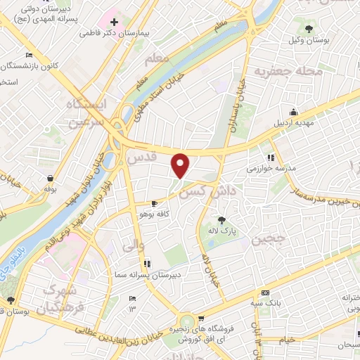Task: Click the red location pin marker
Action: click(181, 165)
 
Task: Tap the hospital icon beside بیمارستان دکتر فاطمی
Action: click(114, 22)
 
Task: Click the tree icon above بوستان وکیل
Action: click(309, 29)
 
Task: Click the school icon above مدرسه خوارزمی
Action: click(271, 157)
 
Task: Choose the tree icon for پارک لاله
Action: click(221, 219)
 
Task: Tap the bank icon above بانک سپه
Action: click(264, 292)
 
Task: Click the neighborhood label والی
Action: click(131, 246)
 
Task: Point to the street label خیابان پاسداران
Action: click(236, 105)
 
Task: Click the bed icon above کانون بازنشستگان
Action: click(28, 56)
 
